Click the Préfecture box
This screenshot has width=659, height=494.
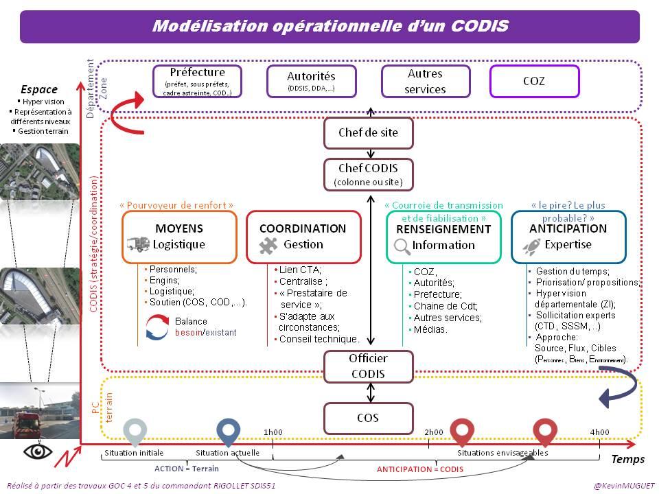coord(197,81)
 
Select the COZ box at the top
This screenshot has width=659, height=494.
coord(535,81)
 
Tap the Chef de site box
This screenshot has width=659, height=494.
coord(369,132)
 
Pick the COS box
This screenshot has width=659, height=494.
coord(369,418)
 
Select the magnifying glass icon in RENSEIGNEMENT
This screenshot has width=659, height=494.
coord(402,246)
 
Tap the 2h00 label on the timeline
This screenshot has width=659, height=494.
coord(434,432)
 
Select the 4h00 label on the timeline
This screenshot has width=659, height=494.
coord(599,432)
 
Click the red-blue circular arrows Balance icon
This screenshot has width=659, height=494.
coord(158,327)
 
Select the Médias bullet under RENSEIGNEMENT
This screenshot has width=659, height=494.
coord(432,329)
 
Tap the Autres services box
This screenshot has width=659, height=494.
coord(426,81)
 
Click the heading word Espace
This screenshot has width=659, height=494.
coord(39,89)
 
